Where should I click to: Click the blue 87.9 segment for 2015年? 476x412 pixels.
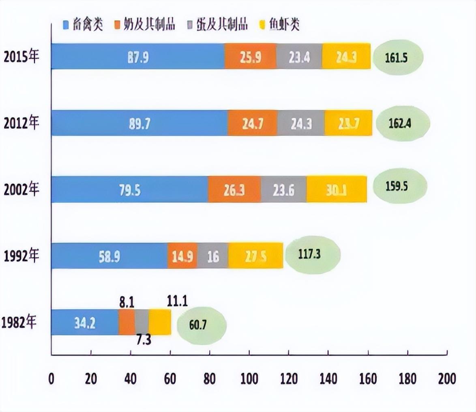[x=138, y=57]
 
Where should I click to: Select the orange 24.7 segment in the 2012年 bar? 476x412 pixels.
[x=253, y=123]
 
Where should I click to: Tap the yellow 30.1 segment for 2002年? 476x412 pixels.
[x=337, y=189]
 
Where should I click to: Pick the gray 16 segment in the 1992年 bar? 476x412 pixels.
[x=213, y=256]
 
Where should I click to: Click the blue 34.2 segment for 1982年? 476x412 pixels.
[x=85, y=323]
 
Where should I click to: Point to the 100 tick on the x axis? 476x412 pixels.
[x=249, y=379]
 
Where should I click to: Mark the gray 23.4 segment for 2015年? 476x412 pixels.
[x=299, y=57]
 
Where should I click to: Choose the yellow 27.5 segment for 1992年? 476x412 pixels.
[x=255, y=256]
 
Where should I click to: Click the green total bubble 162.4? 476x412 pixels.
[x=403, y=123]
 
